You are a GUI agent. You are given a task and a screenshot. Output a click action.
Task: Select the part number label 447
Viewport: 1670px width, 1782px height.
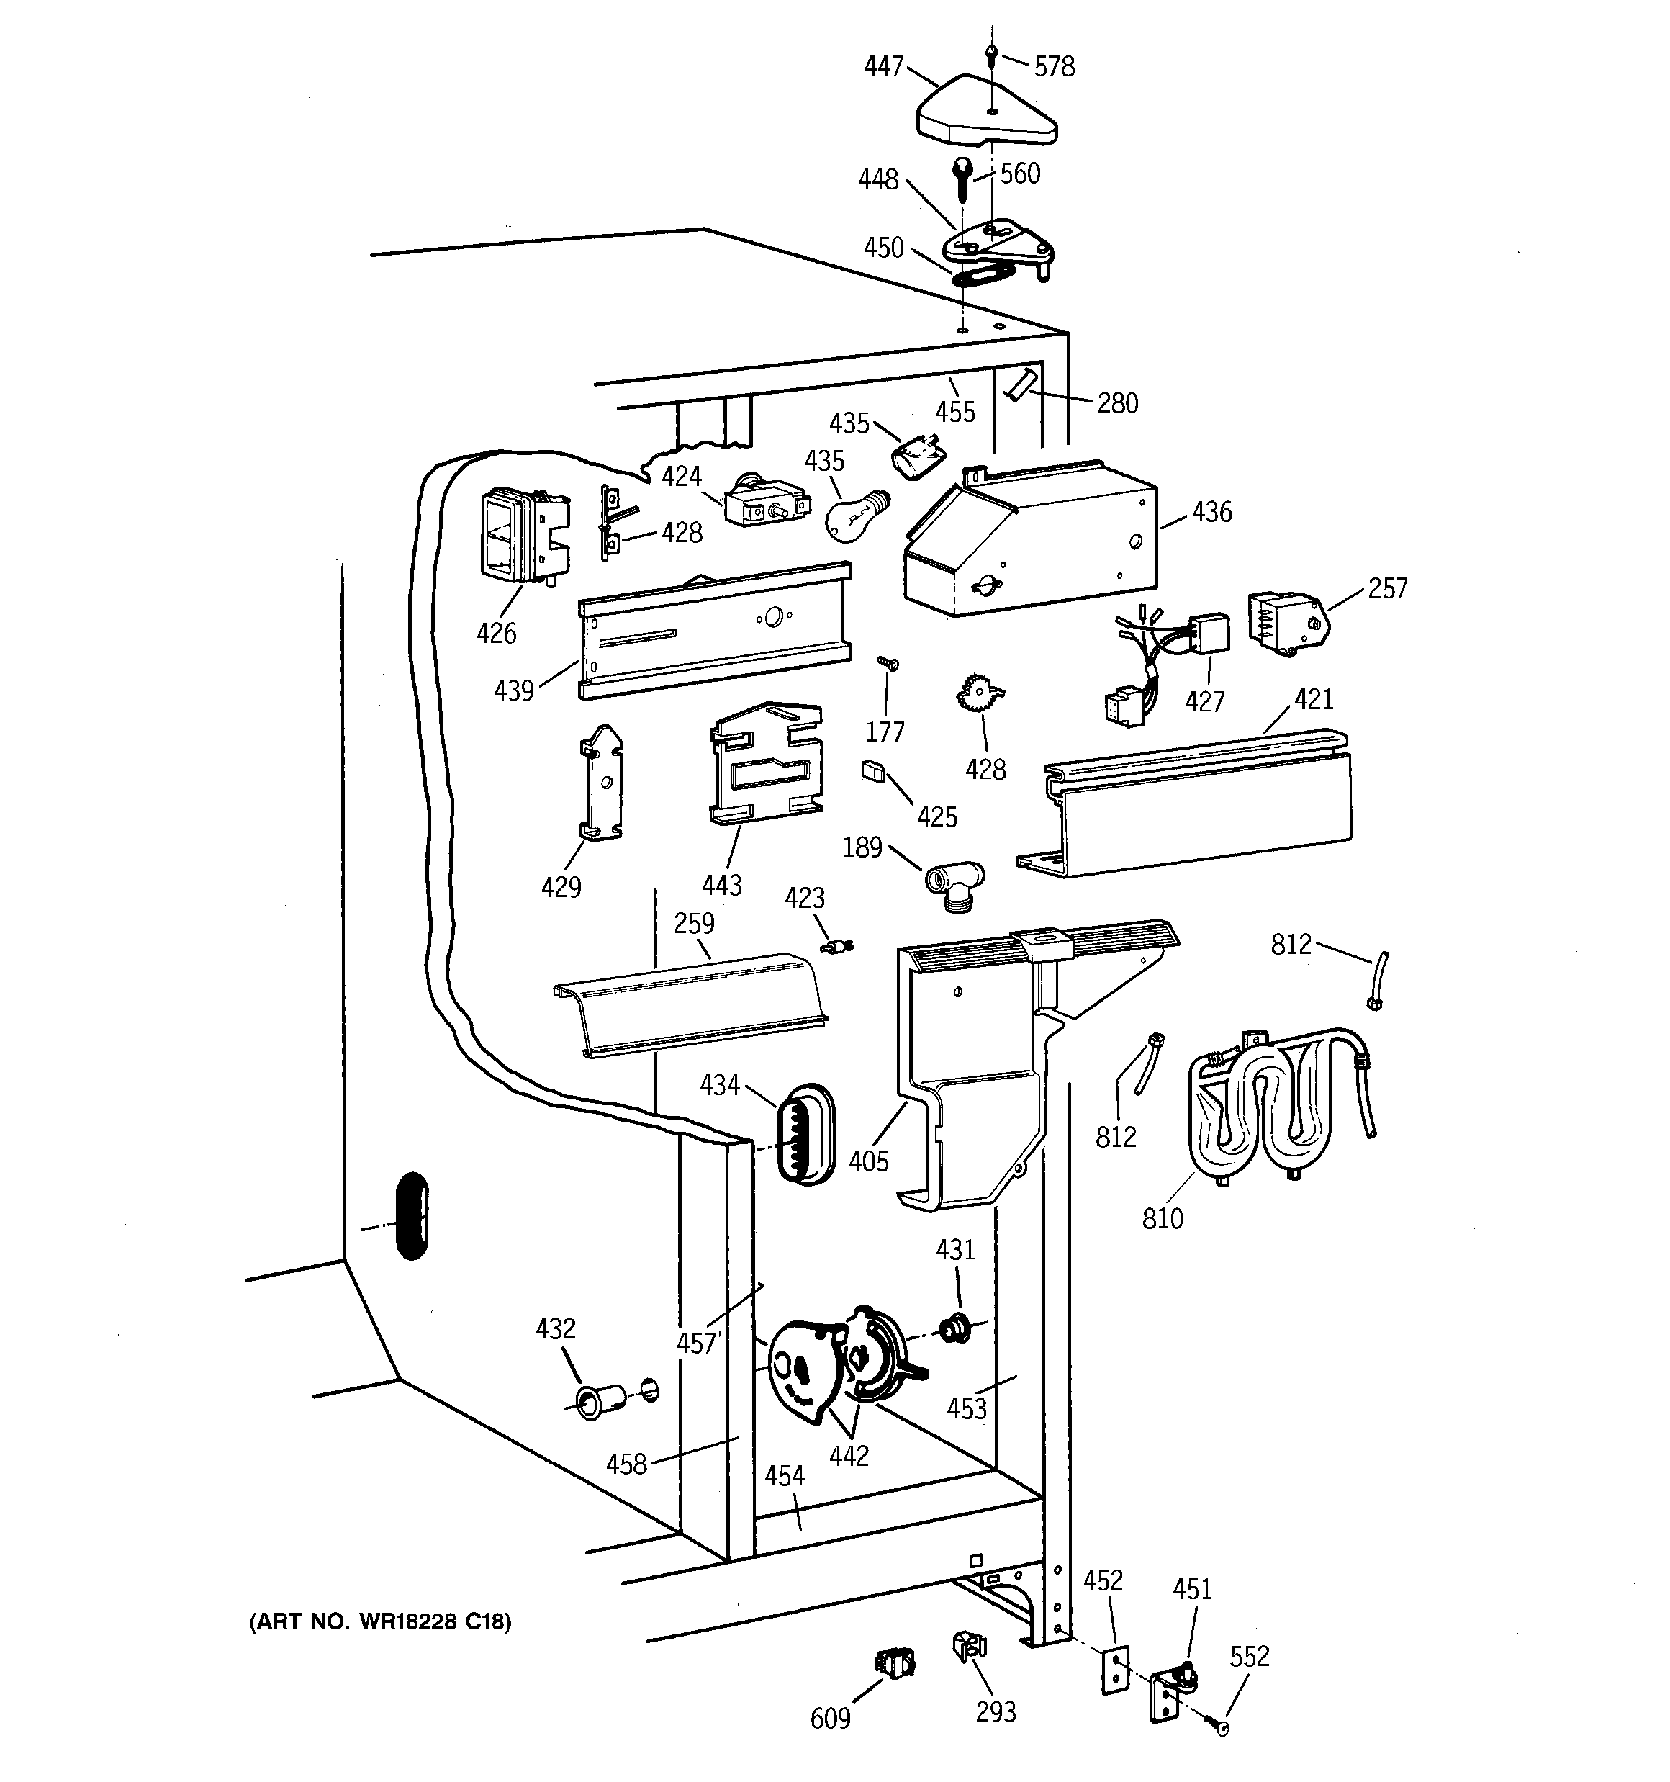(x=884, y=66)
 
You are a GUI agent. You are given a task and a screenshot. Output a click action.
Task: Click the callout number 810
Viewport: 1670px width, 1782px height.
(x=1163, y=1218)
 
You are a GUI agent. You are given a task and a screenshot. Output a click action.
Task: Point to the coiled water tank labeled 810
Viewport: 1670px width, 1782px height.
(x=1282, y=1107)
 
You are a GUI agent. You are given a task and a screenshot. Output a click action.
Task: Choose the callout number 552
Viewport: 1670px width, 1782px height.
(x=1250, y=1655)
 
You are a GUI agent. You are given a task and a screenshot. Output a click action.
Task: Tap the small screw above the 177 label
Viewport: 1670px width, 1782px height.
(x=888, y=665)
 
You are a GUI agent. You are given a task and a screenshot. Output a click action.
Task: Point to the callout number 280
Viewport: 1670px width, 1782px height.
(x=1118, y=403)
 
